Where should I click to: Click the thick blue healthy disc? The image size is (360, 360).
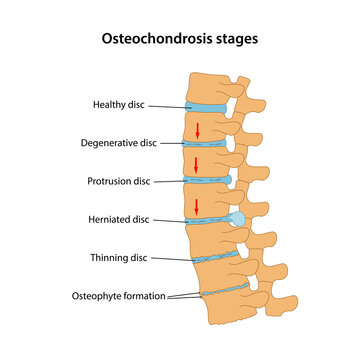click(205, 106)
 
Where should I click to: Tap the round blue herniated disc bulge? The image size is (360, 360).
click(236, 218)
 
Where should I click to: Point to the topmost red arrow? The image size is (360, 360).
click(198, 129)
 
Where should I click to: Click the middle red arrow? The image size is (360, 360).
click(198, 164)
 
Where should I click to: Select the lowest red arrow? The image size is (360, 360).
click(198, 206)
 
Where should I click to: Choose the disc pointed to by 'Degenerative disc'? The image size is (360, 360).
click(204, 144)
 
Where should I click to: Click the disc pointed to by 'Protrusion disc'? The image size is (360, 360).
click(206, 180)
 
